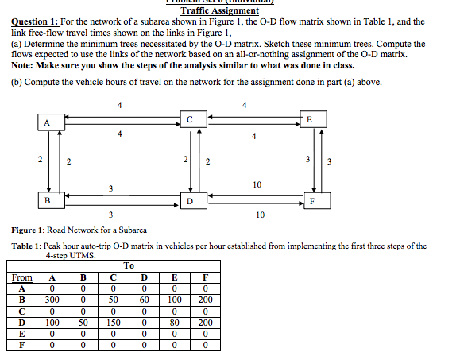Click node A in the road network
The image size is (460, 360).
pyautogui.click(x=48, y=122)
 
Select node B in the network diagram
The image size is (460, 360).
pyautogui.click(x=48, y=199)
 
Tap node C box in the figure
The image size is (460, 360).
pyautogui.click(x=189, y=118)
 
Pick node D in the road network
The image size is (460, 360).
pyautogui.click(x=189, y=201)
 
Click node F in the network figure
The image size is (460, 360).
pyautogui.click(x=314, y=200)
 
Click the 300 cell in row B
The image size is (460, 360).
pyautogui.click(x=52, y=300)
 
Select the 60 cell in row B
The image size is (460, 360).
pyautogui.click(x=144, y=300)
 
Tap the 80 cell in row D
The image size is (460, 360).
pyautogui.click(x=175, y=323)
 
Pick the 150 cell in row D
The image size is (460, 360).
pyautogui.click(x=113, y=323)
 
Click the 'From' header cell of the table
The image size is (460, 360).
pyautogui.click(x=22, y=277)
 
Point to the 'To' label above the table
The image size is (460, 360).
pyautogui.click(x=129, y=265)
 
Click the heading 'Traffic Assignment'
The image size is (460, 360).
pyautogui.click(x=220, y=10)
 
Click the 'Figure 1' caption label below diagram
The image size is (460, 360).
pyautogui.click(x=29, y=229)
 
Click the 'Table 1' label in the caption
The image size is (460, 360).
pyautogui.click(x=27, y=246)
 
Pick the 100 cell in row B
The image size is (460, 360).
pyautogui.click(x=175, y=300)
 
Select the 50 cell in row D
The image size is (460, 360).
pyautogui.click(x=83, y=323)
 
